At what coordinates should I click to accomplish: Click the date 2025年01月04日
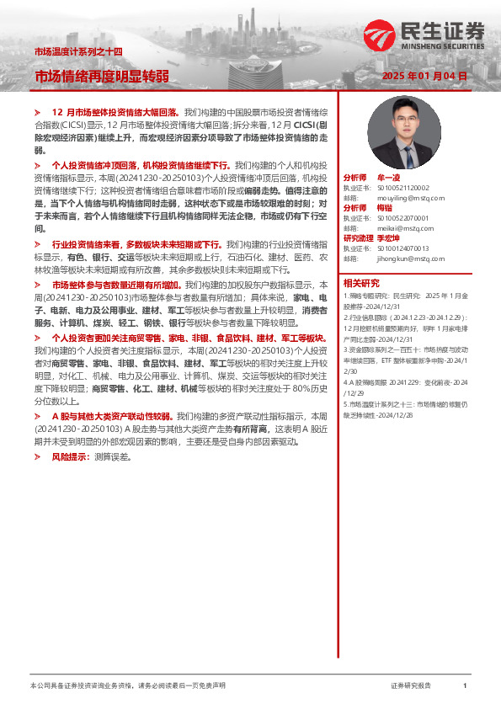[x=424, y=76]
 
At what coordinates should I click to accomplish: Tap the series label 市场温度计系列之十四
[x=77, y=51]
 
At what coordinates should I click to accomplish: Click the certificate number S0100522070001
[x=402, y=218]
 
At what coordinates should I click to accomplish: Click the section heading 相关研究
[x=361, y=283]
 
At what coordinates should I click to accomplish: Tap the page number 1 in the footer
[x=466, y=686]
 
